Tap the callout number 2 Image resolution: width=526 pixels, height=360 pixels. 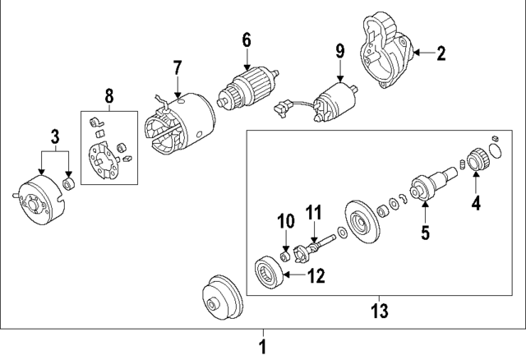tap(441, 54)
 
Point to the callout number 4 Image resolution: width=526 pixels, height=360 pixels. tap(475, 201)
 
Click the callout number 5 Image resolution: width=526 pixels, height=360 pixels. tap(425, 233)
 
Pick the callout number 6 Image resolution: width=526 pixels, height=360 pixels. tap(245, 39)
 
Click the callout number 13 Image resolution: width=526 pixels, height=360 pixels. tap(379, 311)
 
